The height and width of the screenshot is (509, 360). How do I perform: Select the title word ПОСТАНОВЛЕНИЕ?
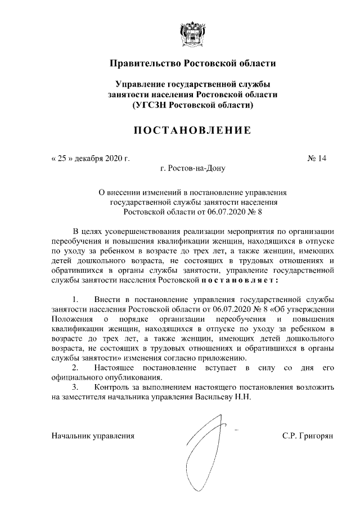pos(192,130)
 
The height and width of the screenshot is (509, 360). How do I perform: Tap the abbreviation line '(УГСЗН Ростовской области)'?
pos(192,105)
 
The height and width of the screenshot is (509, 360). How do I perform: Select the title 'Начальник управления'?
pos(93,435)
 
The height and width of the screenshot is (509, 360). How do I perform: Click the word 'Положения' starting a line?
pos(70,318)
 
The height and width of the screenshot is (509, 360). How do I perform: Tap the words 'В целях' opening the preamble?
pos(86,231)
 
